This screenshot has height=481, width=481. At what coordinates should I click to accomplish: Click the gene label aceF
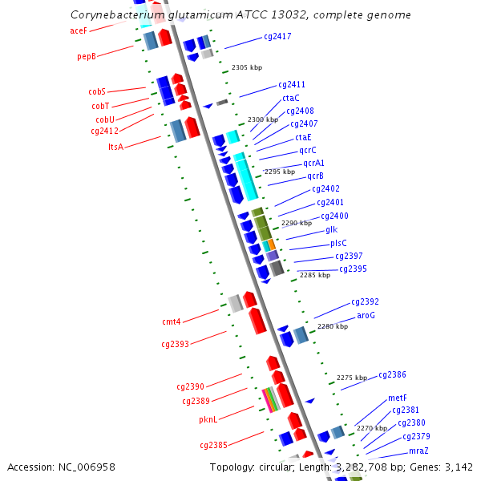[79, 30]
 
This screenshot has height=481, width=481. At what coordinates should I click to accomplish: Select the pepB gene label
[87, 57]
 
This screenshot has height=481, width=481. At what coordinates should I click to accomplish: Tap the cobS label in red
[97, 91]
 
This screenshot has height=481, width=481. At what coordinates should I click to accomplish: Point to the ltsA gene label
[115, 147]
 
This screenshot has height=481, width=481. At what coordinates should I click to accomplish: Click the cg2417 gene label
[277, 37]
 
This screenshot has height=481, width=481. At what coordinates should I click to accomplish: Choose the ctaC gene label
[291, 98]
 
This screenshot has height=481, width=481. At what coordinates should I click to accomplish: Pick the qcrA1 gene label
[311, 163]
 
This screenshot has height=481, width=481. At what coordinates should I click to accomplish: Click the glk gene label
[331, 230]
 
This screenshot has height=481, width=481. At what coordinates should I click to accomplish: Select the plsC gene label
[338, 243]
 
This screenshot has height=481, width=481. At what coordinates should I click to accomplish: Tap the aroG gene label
[366, 316]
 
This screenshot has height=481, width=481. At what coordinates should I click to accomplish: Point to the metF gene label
[398, 398]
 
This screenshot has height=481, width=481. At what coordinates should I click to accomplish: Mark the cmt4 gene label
[172, 322]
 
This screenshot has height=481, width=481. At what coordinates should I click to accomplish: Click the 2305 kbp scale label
[246, 68]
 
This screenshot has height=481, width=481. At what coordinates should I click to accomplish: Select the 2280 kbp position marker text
[333, 326]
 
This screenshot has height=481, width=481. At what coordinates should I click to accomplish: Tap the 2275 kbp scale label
[352, 378]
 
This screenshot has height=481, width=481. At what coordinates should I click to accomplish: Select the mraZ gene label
[418, 451]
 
